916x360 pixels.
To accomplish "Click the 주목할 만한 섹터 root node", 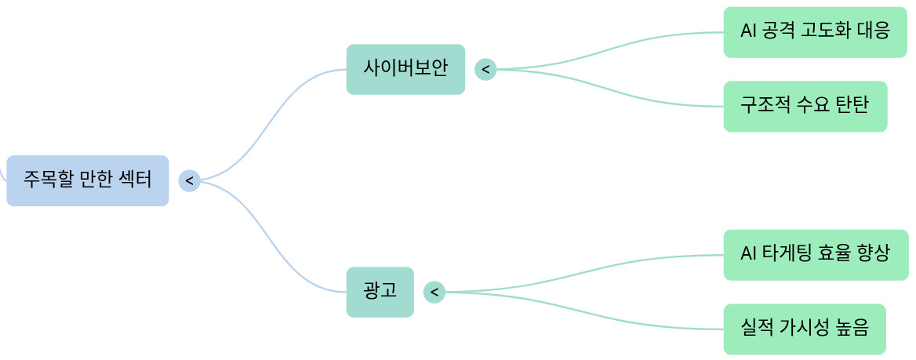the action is [x=88, y=180].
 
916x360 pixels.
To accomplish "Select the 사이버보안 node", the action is [x=405, y=69].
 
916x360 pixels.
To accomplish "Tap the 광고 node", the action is [x=380, y=293].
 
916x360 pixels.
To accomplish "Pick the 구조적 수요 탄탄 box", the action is [x=805, y=107].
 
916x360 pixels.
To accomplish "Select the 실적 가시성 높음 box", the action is [x=805, y=329].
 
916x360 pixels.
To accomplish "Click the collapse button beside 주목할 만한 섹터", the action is [x=189, y=180].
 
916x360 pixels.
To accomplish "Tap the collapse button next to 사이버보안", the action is [x=485, y=70].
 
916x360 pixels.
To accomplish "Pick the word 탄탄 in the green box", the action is [x=852, y=105].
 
